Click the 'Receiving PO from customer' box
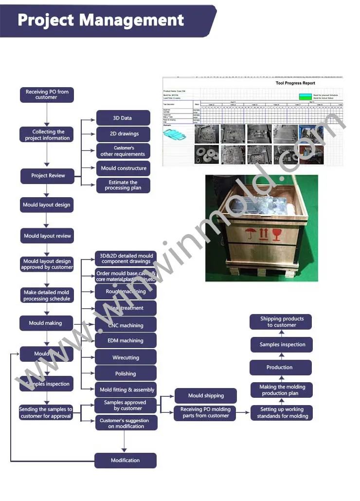coord(47,94)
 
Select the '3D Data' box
coord(123,118)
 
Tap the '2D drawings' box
coord(123,134)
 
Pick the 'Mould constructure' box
coord(123,168)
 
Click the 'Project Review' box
coord(47,176)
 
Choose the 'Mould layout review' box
coord(47,236)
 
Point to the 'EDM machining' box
coord(126,341)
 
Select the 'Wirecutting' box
coord(126,357)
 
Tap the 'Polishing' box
coord(126,373)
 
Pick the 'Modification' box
coord(125,461)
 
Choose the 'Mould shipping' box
coord(206,396)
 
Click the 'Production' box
coord(280,368)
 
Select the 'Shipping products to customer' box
coord(281,322)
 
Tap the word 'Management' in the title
coord(131,20)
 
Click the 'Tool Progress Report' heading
coord(295,83)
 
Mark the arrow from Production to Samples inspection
coord(281,356)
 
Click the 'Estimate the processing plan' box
coord(123,186)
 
